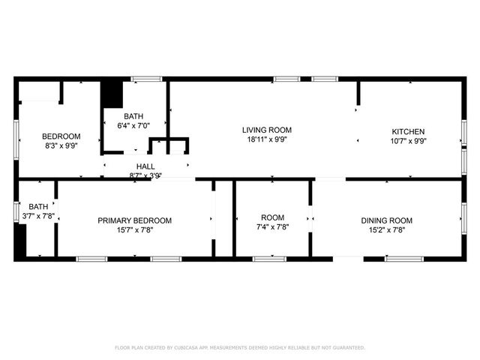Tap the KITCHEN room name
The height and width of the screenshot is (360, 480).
point(407,131)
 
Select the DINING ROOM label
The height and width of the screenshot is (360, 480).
point(386,220)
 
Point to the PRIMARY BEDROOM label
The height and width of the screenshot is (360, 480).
point(135,220)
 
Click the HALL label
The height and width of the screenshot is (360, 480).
point(145,166)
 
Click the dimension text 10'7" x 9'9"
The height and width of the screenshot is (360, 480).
point(407,141)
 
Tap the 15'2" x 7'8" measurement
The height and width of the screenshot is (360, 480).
point(386,230)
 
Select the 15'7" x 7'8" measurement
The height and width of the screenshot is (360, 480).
point(135,230)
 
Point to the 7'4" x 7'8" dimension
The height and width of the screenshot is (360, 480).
point(272,226)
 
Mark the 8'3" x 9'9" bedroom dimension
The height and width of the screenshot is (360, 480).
point(61,146)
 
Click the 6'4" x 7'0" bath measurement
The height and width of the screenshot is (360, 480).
point(133,126)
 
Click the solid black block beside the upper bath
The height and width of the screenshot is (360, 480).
point(111,94)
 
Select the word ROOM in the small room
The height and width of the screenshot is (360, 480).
point(272,217)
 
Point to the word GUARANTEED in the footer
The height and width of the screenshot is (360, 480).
point(346,348)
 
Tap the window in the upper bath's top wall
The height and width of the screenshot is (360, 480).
point(146,78)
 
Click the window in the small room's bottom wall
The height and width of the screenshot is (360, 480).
point(268,259)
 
